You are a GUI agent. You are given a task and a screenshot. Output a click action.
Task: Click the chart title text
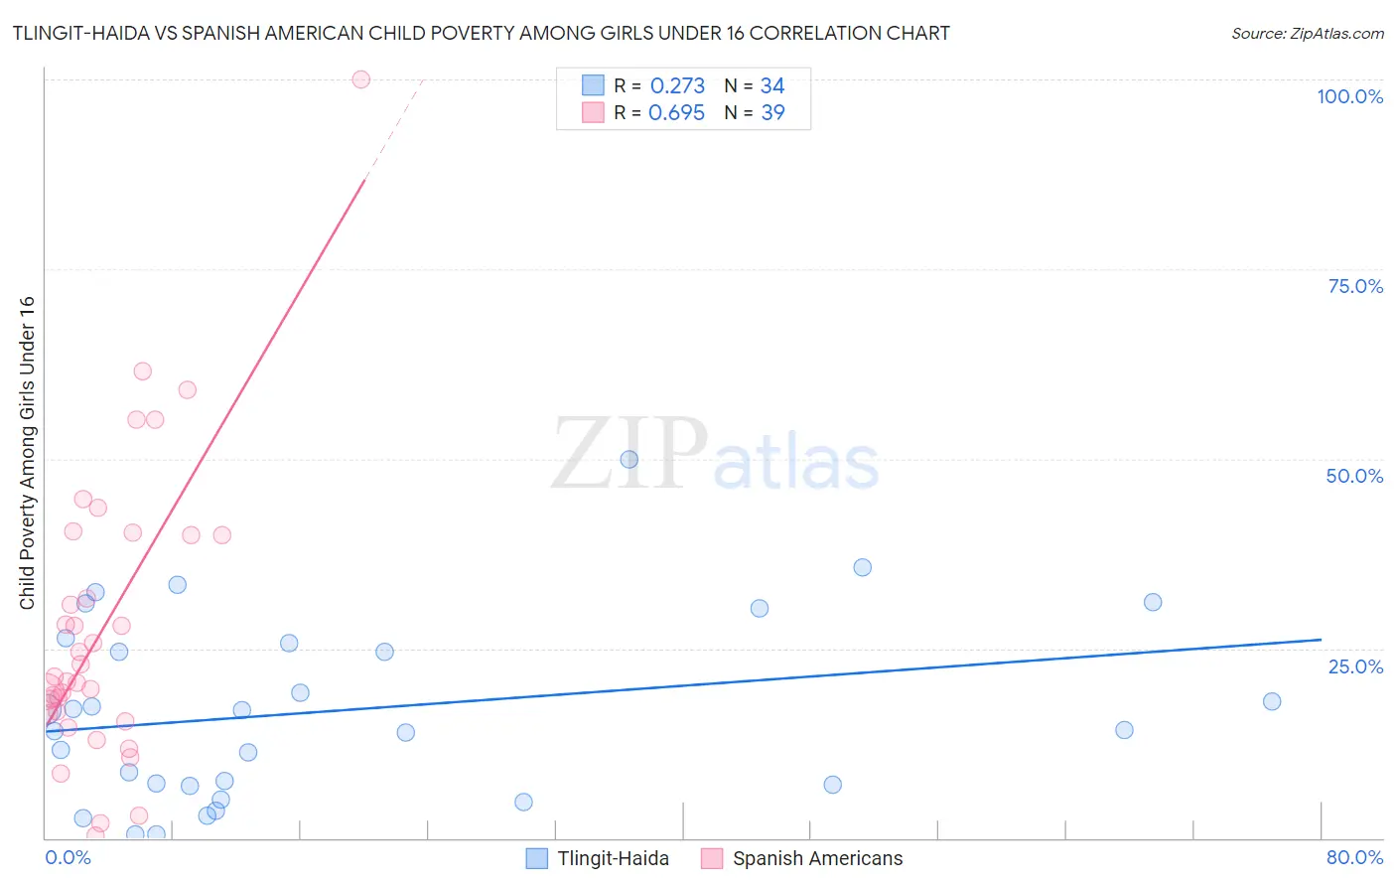(x=481, y=33)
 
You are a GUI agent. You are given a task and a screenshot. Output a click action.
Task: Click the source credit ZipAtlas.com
(x=1307, y=33)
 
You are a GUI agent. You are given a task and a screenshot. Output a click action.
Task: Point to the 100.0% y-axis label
(x=1349, y=96)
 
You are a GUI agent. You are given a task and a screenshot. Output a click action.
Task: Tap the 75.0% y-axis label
(x=1355, y=286)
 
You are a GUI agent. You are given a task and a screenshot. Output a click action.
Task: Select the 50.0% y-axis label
(x=1354, y=476)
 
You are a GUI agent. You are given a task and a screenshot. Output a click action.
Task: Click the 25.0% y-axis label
(x=1355, y=666)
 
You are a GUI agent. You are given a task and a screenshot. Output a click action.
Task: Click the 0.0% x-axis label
(x=68, y=857)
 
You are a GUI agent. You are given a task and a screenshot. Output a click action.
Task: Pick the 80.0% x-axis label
(x=1354, y=857)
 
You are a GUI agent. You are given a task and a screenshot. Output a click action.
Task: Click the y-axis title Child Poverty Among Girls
(x=27, y=453)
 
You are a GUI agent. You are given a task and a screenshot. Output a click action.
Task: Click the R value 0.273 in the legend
(x=677, y=85)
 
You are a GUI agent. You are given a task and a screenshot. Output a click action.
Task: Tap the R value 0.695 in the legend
(x=676, y=112)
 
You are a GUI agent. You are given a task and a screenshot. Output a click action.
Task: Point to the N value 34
(x=772, y=85)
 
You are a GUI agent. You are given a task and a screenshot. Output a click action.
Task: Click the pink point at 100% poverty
(x=361, y=79)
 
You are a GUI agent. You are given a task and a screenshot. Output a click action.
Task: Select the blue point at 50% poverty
(x=628, y=459)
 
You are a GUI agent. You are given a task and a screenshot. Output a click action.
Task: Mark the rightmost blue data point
(x=1272, y=701)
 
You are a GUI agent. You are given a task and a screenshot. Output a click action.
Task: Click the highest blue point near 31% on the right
(x=1153, y=602)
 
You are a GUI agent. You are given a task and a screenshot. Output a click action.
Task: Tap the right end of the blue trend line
(x=1321, y=640)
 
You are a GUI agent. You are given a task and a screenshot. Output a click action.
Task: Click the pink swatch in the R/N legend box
(x=593, y=112)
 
